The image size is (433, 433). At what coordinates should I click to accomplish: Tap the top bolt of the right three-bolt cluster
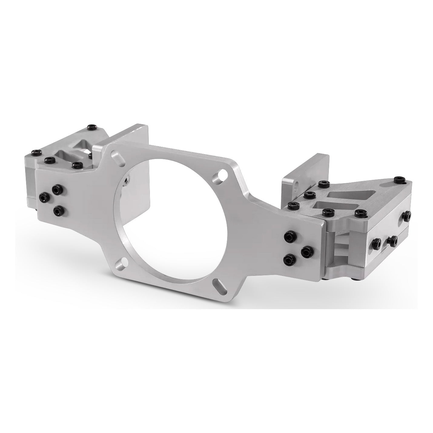pos(289,236)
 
